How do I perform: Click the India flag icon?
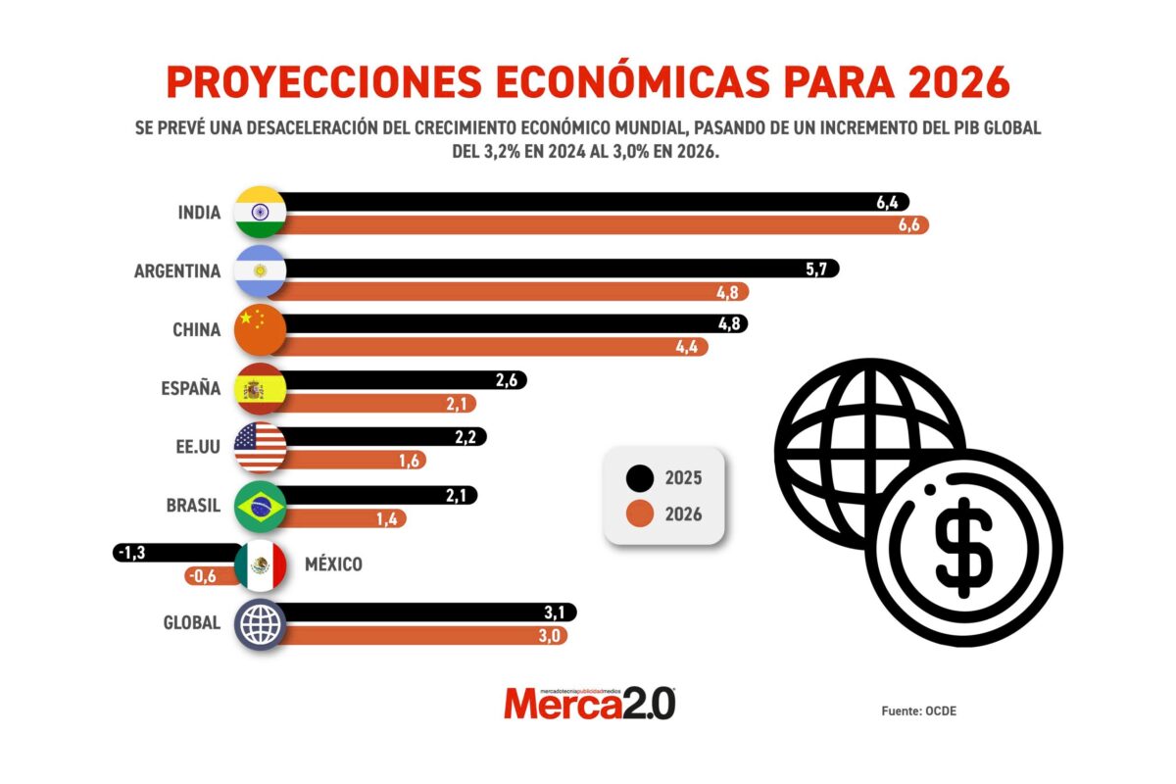260,212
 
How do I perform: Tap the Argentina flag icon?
260,271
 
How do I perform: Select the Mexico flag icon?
260,565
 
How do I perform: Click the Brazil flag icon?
260,507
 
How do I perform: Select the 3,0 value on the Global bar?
549,636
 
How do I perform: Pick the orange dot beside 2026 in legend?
640,513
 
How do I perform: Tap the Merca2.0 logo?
589,703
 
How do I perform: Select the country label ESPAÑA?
190,389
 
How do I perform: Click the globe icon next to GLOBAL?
260,624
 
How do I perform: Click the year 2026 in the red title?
956,83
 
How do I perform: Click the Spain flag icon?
260,389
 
